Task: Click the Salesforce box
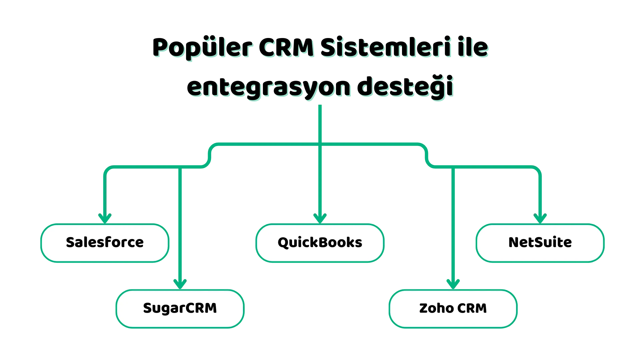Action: (105, 243)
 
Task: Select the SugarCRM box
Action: (180, 309)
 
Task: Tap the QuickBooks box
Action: (320, 243)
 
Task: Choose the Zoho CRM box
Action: (453, 309)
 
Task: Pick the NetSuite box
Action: (540, 243)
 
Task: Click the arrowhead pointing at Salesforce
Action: (105, 219)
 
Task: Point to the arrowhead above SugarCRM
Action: (180, 284)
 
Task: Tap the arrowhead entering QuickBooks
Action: (320, 219)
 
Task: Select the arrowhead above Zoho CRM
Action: (453, 284)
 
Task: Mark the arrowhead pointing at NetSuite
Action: (540, 219)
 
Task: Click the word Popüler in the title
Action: (202, 48)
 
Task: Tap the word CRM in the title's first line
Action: (286, 47)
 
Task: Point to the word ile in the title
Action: (473, 47)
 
